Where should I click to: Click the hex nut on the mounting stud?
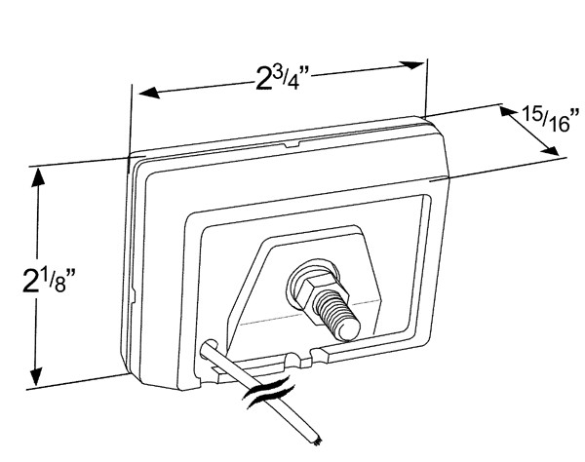click(x=308, y=284)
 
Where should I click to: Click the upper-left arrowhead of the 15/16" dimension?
click(x=506, y=113)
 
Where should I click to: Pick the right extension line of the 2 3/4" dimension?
click(x=427, y=88)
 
